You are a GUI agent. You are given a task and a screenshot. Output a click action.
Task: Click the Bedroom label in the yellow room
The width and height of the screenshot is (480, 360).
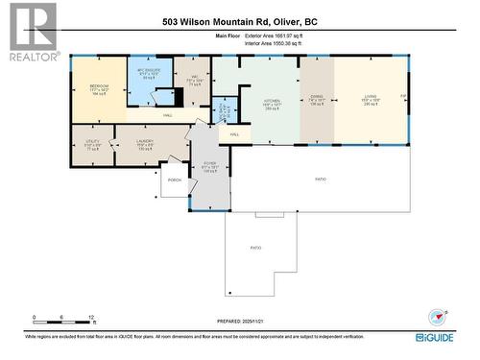(x=99, y=85)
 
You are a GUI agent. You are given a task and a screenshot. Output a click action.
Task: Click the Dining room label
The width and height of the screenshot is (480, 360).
(x=315, y=98)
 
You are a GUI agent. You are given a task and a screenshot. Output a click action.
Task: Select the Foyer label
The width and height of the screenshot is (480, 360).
(x=208, y=164)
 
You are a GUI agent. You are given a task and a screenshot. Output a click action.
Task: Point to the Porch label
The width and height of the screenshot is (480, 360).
(x=175, y=180)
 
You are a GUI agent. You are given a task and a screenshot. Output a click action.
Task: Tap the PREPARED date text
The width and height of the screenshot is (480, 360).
(x=237, y=321)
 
